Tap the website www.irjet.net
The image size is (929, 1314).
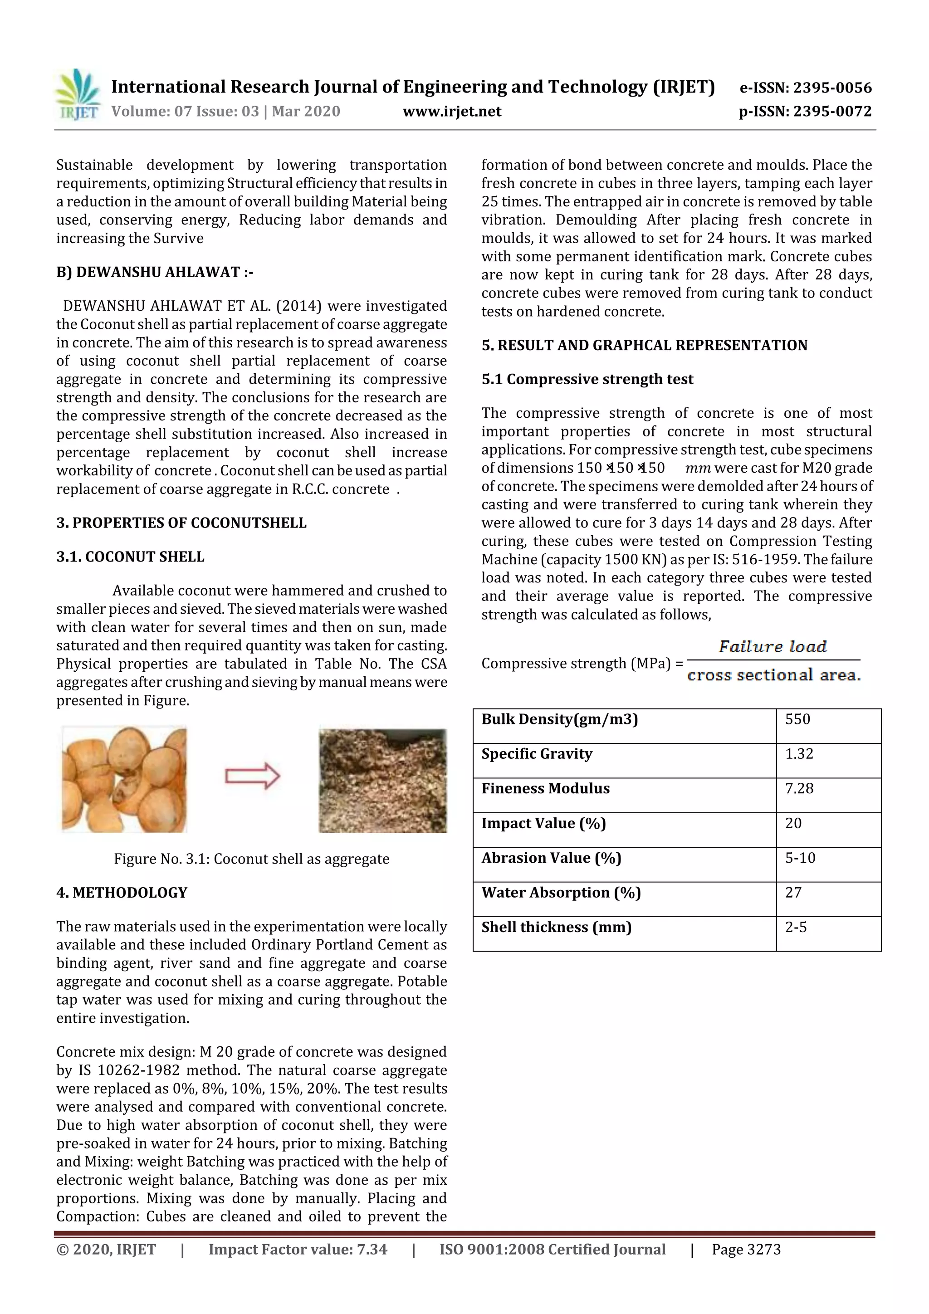pyautogui.click(x=452, y=111)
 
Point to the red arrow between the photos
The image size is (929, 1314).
pyautogui.click(x=252, y=777)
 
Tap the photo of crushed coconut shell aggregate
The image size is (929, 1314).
pyautogui.click(x=382, y=780)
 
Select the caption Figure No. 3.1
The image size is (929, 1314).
pyautogui.click(x=251, y=859)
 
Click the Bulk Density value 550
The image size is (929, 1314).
pyautogui.click(x=797, y=719)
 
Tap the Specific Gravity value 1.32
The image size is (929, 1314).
pyautogui.click(x=799, y=754)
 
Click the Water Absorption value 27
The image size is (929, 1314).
pyautogui.click(x=793, y=893)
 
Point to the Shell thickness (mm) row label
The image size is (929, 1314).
pyautogui.click(x=556, y=927)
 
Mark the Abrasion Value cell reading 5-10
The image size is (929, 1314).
pyautogui.click(x=800, y=858)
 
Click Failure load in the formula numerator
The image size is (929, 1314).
pyautogui.click(x=773, y=647)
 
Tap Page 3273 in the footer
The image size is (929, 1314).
pyautogui.click(x=746, y=1249)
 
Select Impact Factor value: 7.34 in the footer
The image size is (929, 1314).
pyautogui.click(x=298, y=1249)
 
